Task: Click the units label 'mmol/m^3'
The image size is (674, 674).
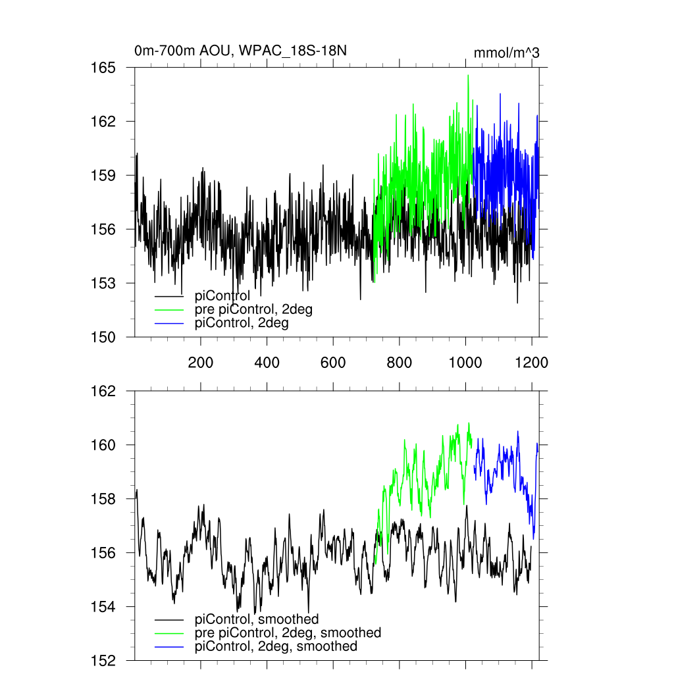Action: (x=506, y=53)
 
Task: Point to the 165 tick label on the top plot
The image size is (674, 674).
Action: (x=103, y=68)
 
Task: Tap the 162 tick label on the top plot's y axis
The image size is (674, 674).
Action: (x=103, y=122)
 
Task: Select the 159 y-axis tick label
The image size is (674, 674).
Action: (x=103, y=176)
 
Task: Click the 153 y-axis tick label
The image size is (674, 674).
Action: (x=103, y=283)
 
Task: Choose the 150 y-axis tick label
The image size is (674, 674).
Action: (x=103, y=337)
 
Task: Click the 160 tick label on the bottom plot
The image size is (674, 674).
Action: (x=103, y=445)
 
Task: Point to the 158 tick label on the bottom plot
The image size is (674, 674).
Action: (x=103, y=499)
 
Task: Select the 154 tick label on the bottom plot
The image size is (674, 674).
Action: (x=103, y=607)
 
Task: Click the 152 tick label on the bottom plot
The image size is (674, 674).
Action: (x=103, y=660)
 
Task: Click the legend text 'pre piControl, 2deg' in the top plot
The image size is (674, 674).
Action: (x=253, y=310)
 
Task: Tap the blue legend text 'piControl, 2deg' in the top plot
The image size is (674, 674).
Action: (x=242, y=324)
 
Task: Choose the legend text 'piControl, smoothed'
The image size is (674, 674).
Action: (x=257, y=619)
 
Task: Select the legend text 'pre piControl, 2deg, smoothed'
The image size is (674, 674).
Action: (x=288, y=633)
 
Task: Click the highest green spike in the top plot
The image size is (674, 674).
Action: (x=468, y=76)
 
